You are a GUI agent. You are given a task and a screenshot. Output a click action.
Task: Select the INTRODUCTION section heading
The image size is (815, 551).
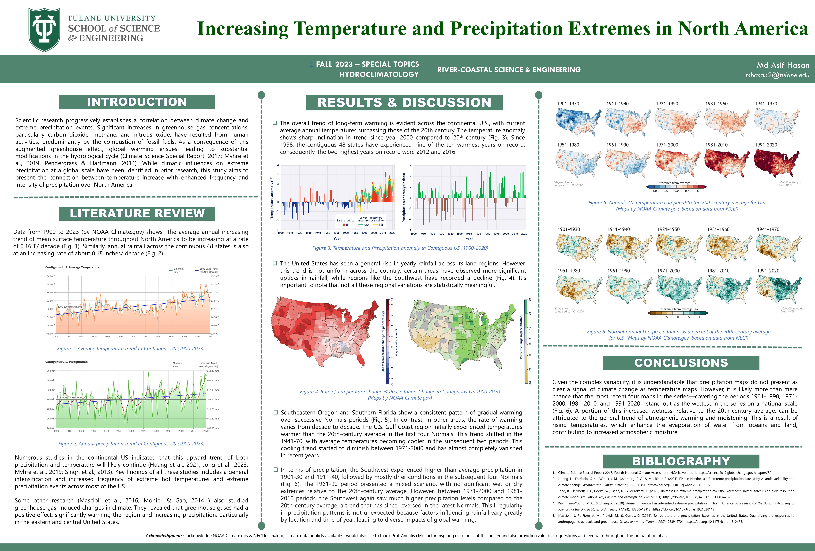click(x=137, y=102)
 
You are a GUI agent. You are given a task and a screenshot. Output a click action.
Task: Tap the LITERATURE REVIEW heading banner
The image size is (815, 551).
click(x=137, y=213)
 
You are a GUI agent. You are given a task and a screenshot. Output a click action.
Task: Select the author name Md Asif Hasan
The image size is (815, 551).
click(x=783, y=65)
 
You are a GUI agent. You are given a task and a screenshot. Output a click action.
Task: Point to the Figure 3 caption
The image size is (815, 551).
click(x=400, y=248)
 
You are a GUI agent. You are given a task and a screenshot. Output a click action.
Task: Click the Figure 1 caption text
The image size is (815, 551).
click(x=130, y=349)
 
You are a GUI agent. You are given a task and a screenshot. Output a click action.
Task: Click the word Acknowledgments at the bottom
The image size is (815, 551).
click(x=165, y=536)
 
